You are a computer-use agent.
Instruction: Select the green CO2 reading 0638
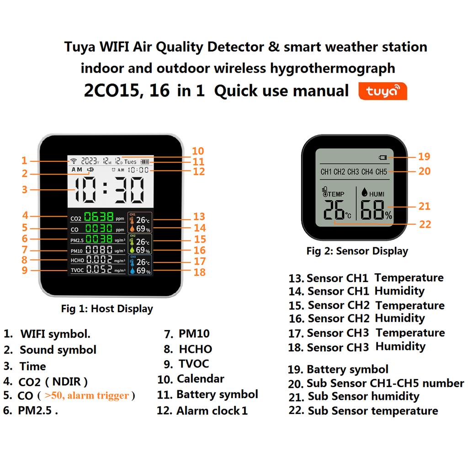tap(98, 217)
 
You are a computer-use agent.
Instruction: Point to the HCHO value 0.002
tap(99, 260)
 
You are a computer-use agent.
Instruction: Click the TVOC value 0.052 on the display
tap(99, 270)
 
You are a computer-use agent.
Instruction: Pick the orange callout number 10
tap(197, 151)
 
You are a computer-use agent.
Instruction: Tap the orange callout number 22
tap(425, 224)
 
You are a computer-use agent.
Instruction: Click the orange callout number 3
tap(25, 189)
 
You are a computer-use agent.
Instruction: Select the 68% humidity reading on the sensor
tap(376, 211)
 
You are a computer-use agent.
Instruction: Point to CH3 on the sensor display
tap(353, 172)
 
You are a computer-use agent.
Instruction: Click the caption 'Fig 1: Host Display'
tap(107, 308)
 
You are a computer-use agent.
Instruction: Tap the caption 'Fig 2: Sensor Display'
tap(357, 251)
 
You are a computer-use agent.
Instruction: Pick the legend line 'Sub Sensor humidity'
tap(363, 396)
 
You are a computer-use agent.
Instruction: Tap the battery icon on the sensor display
tap(383, 158)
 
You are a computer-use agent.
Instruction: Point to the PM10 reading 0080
tap(99, 250)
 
